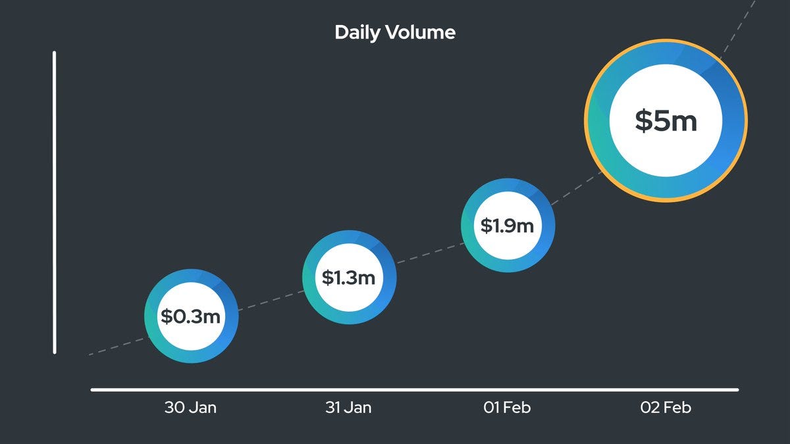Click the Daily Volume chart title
394,32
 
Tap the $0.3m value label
191,316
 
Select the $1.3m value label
349,278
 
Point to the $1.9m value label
507,226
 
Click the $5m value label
666,122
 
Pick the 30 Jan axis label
190,408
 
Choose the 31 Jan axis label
348,408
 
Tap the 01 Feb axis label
507,408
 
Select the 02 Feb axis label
666,408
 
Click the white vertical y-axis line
55,197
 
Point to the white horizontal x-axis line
415,390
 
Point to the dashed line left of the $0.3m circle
115,347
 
